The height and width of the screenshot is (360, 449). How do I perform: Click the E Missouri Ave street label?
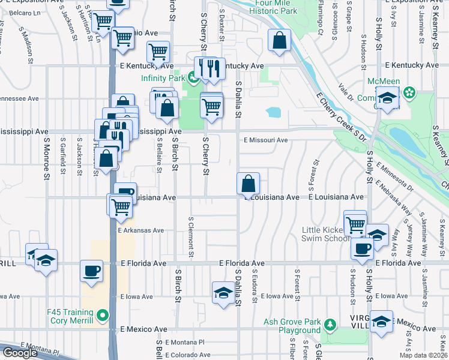(266, 140)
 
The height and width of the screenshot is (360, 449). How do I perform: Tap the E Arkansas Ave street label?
(141, 230)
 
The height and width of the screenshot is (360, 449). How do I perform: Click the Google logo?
(20, 353)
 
